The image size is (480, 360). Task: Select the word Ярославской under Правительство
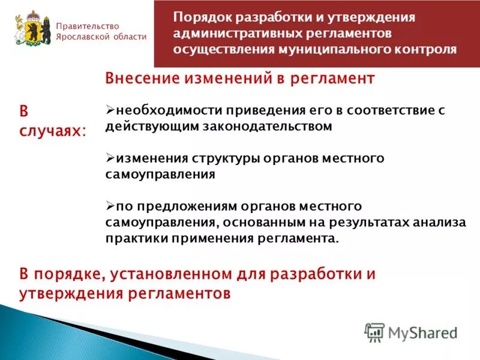click(80, 37)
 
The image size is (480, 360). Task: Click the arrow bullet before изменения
click(110, 158)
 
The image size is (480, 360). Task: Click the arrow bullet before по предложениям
click(110, 206)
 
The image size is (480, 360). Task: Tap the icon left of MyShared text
click(374, 332)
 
